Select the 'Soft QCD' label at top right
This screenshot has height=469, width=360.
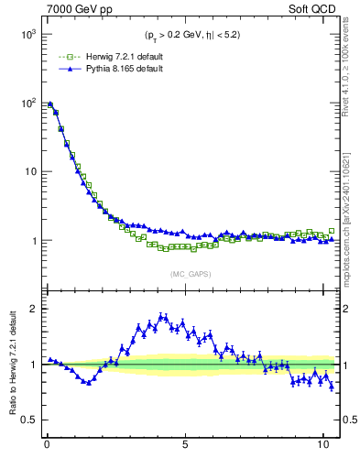tap(312, 10)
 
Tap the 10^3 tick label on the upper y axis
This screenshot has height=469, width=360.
tap(28, 34)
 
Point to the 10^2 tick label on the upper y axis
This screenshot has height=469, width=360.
tap(28, 103)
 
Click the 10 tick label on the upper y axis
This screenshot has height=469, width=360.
tap(30, 171)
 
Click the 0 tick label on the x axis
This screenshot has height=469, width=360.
tap(47, 446)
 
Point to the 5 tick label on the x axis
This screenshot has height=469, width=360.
tap(185, 446)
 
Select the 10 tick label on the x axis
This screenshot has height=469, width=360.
tap(322, 446)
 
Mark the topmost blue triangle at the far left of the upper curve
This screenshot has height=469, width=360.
tap(49, 104)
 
